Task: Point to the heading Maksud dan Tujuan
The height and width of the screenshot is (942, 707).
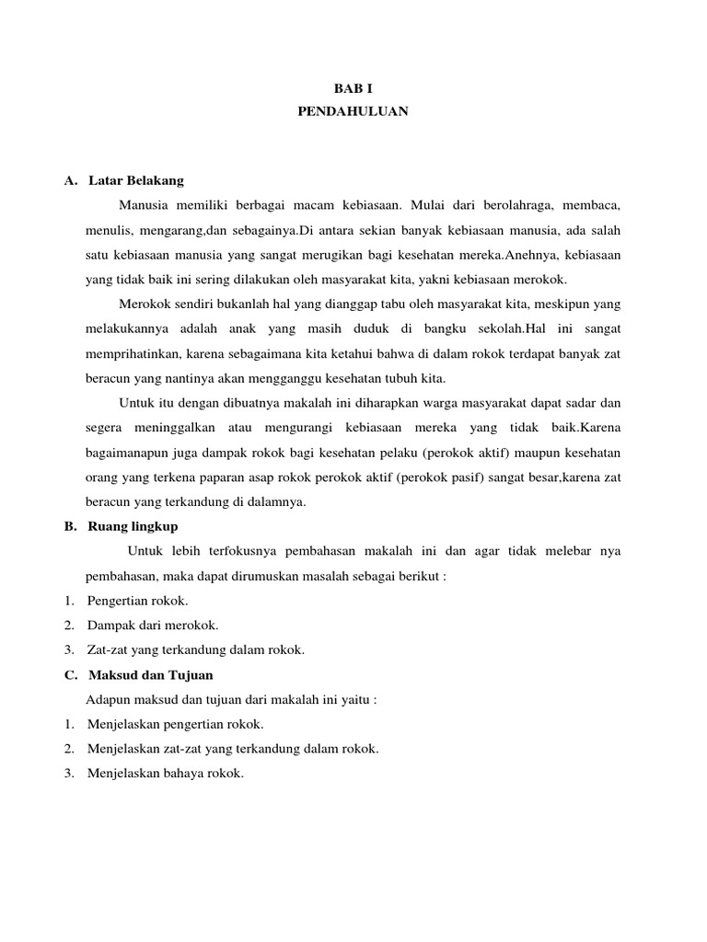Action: tap(150, 674)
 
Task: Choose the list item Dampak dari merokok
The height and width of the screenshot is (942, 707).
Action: tap(153, 626)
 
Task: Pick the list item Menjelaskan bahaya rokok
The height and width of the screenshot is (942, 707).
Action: tap(166, 774)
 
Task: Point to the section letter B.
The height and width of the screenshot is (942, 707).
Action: tap(69, 526)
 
